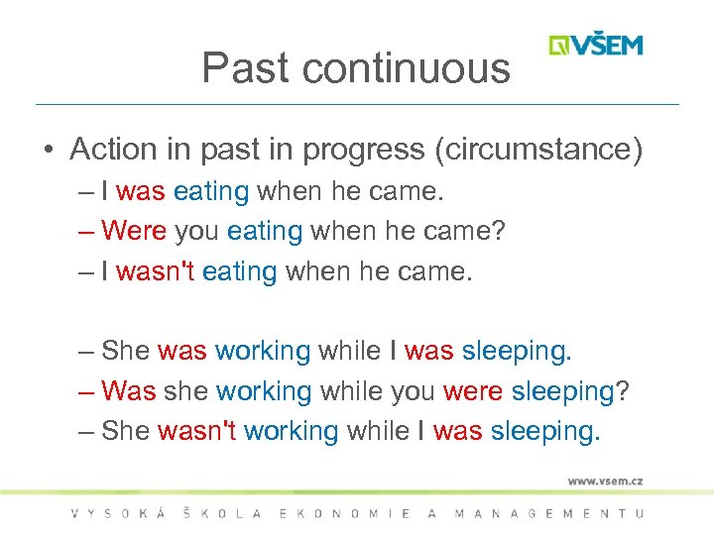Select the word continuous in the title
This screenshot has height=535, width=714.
click(x=407, y=68)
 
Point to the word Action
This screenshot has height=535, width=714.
click(x=114, y=150)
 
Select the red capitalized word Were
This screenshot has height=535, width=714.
click(x=134, y=232)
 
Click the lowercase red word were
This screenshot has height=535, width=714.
click(x=473, y=391)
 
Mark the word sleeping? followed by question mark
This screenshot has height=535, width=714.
click(x=570, y=391)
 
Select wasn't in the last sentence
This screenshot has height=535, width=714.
click(x=196, y=432)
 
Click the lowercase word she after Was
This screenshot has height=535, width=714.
click(x=185, y=391)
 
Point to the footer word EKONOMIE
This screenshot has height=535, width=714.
click(x=342, y=513)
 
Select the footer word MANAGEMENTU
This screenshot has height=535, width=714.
click(x=548, y=513)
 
